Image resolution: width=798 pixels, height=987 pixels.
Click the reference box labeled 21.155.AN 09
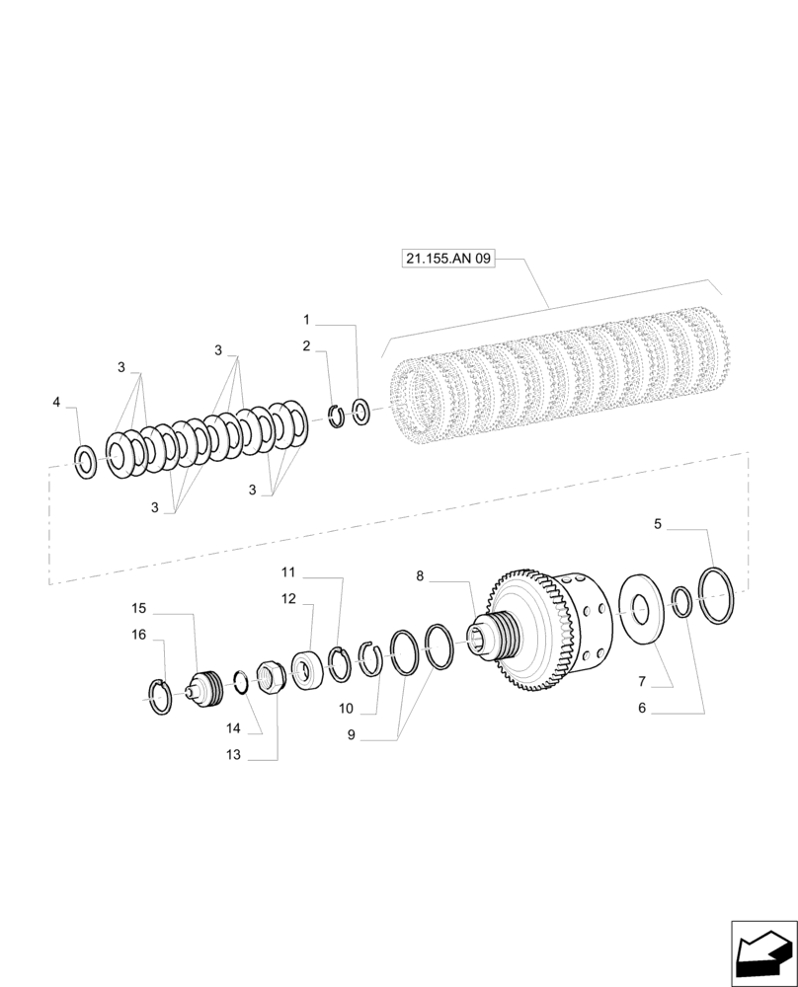(x=447, y=259)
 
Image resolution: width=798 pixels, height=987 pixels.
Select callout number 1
(x=306, y=320)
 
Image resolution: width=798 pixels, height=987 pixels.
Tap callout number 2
(x=306, y=345)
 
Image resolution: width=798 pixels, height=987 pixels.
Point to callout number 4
(x=56, y=402)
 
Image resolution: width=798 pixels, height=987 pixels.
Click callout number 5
(x=658, y=525)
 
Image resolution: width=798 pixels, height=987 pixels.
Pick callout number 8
(x=420, y=575)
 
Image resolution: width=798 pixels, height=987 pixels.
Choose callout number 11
(x=287, y=572)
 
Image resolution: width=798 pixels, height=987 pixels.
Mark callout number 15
(x=139, y=607)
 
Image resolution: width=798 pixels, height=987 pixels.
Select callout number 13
(x=233, y=755)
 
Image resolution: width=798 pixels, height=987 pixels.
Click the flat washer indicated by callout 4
(x=86, y=459)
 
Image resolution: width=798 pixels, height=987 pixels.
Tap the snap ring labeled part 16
(x=159, y=697)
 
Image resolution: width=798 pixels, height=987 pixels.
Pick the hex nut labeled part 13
(x=270, y=678)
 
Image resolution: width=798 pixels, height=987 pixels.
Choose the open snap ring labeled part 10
(x=370, y=658)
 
